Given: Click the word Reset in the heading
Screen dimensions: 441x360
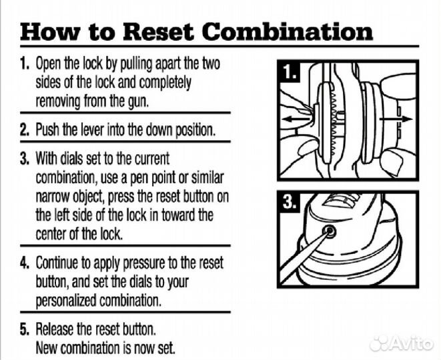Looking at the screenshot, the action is pos(159,31).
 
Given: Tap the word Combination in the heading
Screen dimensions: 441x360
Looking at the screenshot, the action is pos(288,31).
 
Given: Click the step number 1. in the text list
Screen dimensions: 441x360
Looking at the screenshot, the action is pos(25,63).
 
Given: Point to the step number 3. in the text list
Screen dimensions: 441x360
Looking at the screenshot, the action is pos(25,158).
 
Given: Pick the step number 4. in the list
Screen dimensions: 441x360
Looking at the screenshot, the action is pos(25,262).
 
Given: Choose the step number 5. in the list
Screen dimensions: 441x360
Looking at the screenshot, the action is pos(25,329).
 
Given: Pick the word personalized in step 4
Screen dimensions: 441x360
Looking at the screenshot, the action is pos(66,301).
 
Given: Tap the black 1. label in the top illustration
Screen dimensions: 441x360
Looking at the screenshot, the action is pos(290,72).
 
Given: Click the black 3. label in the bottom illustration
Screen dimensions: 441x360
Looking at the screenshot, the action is pos(290,202).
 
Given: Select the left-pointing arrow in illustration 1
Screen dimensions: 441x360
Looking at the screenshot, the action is pos(297,119).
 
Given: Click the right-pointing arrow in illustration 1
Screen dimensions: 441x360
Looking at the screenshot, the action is pos(396,119).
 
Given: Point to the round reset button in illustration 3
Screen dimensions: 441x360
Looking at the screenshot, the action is pos(329,231).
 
